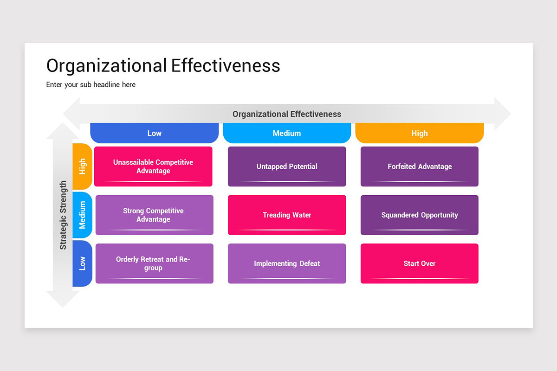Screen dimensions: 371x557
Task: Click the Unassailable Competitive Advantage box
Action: pyautogui.click(x=153, y=166)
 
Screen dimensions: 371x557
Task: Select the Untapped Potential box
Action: pyautogui.click(x=287, y=166)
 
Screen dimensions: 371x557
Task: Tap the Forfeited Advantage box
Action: pyautogui.click(x=420, y=166)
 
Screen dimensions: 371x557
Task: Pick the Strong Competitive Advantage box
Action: pyautogui.click(x=154, y=215)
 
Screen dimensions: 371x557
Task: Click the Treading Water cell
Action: pyautogui.click(x=287, y=215)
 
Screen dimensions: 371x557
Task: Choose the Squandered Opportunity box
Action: pyautogui.click(x=420, y=215)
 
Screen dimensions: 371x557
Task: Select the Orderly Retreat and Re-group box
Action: pyautogui.click(x=154, y=263)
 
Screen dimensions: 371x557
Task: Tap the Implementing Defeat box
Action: pyautogui.click(x=287, y=263)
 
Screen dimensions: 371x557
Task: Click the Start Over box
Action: pyautogui.click(x=420, y=263)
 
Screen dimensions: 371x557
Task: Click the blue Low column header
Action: pyautogui.click(x=154, y=133)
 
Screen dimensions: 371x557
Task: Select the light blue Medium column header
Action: pyautogui.click(x=287, y=133)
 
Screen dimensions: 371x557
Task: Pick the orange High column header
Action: pyautogui.click(x=420, y=133)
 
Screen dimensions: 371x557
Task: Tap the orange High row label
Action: pyautogui.click(x=83, y=166)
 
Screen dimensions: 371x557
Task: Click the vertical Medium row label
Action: pyautogui.click(x=83, y=215)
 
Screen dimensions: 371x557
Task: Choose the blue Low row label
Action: pyautogui.click(x=83, y=263)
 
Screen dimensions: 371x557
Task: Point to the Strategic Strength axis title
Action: pyautogui.click(x=63, y=215)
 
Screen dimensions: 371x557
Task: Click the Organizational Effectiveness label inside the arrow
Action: pyautogui.click(x=287, y=114)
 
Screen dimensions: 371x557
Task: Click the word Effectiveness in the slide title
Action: pyautogui.click(x=226, y=66)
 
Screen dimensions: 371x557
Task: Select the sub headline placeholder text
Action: pyautogui.click(x=91, y=85)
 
